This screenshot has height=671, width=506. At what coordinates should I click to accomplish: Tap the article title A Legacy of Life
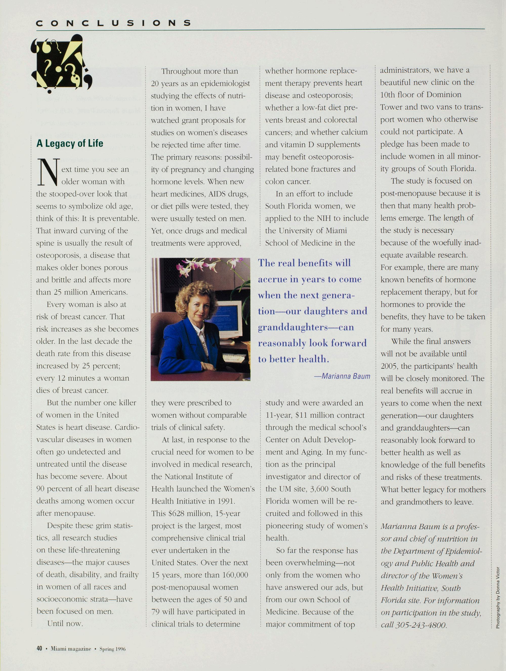70,143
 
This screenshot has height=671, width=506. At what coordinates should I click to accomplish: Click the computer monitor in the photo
230,319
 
